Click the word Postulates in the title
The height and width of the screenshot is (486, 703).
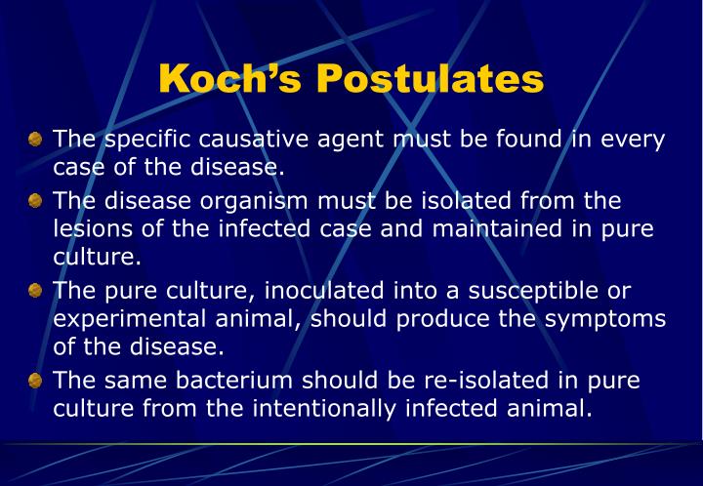pos(430,79)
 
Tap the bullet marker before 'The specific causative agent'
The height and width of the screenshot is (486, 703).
pos(36,139)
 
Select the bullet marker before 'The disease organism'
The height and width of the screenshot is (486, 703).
pos(36,202)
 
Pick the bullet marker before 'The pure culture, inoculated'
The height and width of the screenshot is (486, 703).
pos(36,292)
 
